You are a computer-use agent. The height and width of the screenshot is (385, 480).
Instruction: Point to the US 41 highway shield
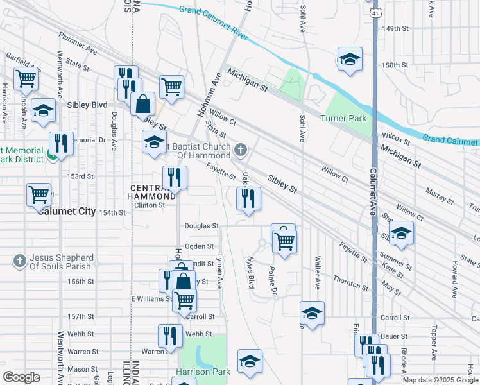(x=375, y=12)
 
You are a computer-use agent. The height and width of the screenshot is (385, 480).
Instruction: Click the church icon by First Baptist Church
(x=241, y=150)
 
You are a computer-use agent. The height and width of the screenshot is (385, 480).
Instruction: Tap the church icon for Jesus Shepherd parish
(x=20, y=261)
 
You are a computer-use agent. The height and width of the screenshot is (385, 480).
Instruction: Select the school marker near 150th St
(x=349, y=60)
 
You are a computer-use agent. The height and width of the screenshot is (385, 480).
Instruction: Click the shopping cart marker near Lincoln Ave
(x=26, y=79)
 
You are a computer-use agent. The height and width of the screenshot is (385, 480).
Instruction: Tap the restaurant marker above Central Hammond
(x=175, y=176)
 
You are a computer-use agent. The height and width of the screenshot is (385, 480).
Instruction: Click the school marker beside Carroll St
(x=312, y=313)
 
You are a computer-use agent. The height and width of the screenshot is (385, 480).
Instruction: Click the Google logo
(x=22, y=377)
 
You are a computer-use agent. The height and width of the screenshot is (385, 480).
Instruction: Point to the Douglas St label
(x=201, y=226)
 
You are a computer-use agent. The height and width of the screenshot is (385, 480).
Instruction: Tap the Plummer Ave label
(x=77, y=44)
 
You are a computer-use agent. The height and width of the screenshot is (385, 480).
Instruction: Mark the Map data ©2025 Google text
(x=440, y=380)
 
